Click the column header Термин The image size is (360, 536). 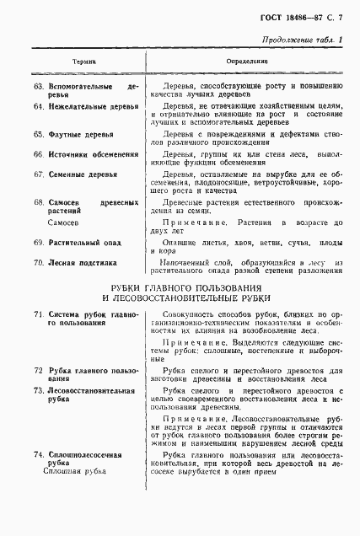tap(83, 62)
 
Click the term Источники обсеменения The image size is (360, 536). tap(93, 155)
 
